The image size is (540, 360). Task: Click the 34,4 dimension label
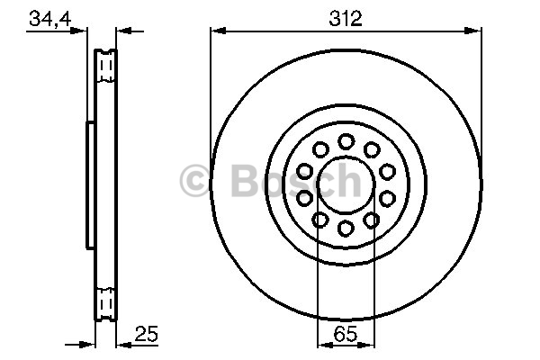pos(49,18)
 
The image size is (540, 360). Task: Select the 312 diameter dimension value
pos(346,18)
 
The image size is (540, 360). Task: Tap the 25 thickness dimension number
pos(147,333)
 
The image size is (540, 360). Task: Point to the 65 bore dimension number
pos(346,333)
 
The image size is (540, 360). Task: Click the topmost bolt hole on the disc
pos(346,141)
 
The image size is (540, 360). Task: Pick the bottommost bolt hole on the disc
pos(346,228)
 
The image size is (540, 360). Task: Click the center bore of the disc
pos(346,184)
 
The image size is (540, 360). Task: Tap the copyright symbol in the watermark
pos(194,181)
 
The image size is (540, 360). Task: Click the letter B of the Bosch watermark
pos(245,180)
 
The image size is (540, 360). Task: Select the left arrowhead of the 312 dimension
pos(218,31)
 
